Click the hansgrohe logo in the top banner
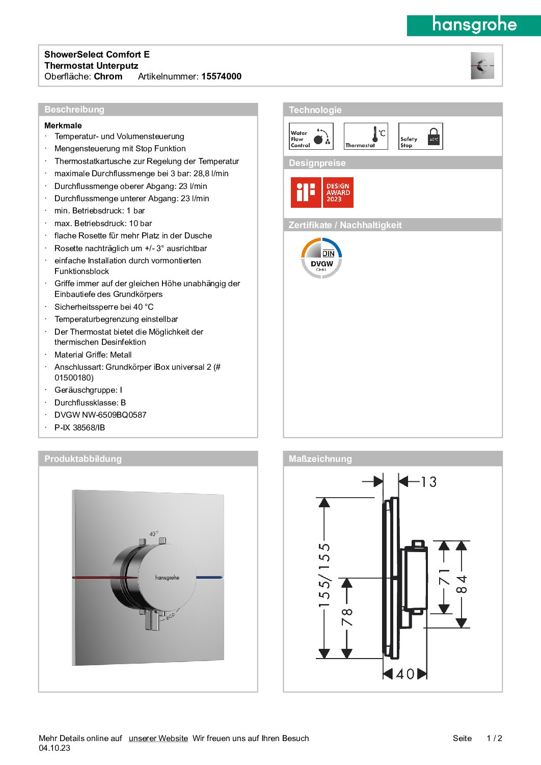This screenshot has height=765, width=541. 474,25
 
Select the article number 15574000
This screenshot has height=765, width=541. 221,76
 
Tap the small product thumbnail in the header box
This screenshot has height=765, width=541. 482,65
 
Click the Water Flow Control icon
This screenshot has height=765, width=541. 311,136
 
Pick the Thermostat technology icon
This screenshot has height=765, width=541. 366,136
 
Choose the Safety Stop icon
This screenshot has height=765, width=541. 421,136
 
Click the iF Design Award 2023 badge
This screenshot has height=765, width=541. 322,193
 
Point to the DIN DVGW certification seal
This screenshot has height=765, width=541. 321,258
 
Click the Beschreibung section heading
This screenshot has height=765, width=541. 74,110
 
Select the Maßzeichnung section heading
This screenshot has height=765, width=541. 320,459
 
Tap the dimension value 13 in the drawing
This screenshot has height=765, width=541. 428,482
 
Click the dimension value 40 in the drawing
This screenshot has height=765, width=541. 405,674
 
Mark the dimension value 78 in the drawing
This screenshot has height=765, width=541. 347,617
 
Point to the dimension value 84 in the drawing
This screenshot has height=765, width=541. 462,584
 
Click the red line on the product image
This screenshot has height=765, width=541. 104,578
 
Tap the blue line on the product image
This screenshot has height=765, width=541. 209,578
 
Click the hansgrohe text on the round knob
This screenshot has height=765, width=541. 167,578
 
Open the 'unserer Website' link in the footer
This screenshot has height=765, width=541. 158,739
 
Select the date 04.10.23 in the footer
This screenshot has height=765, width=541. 55,748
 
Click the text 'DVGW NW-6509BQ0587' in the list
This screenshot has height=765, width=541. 100,415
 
